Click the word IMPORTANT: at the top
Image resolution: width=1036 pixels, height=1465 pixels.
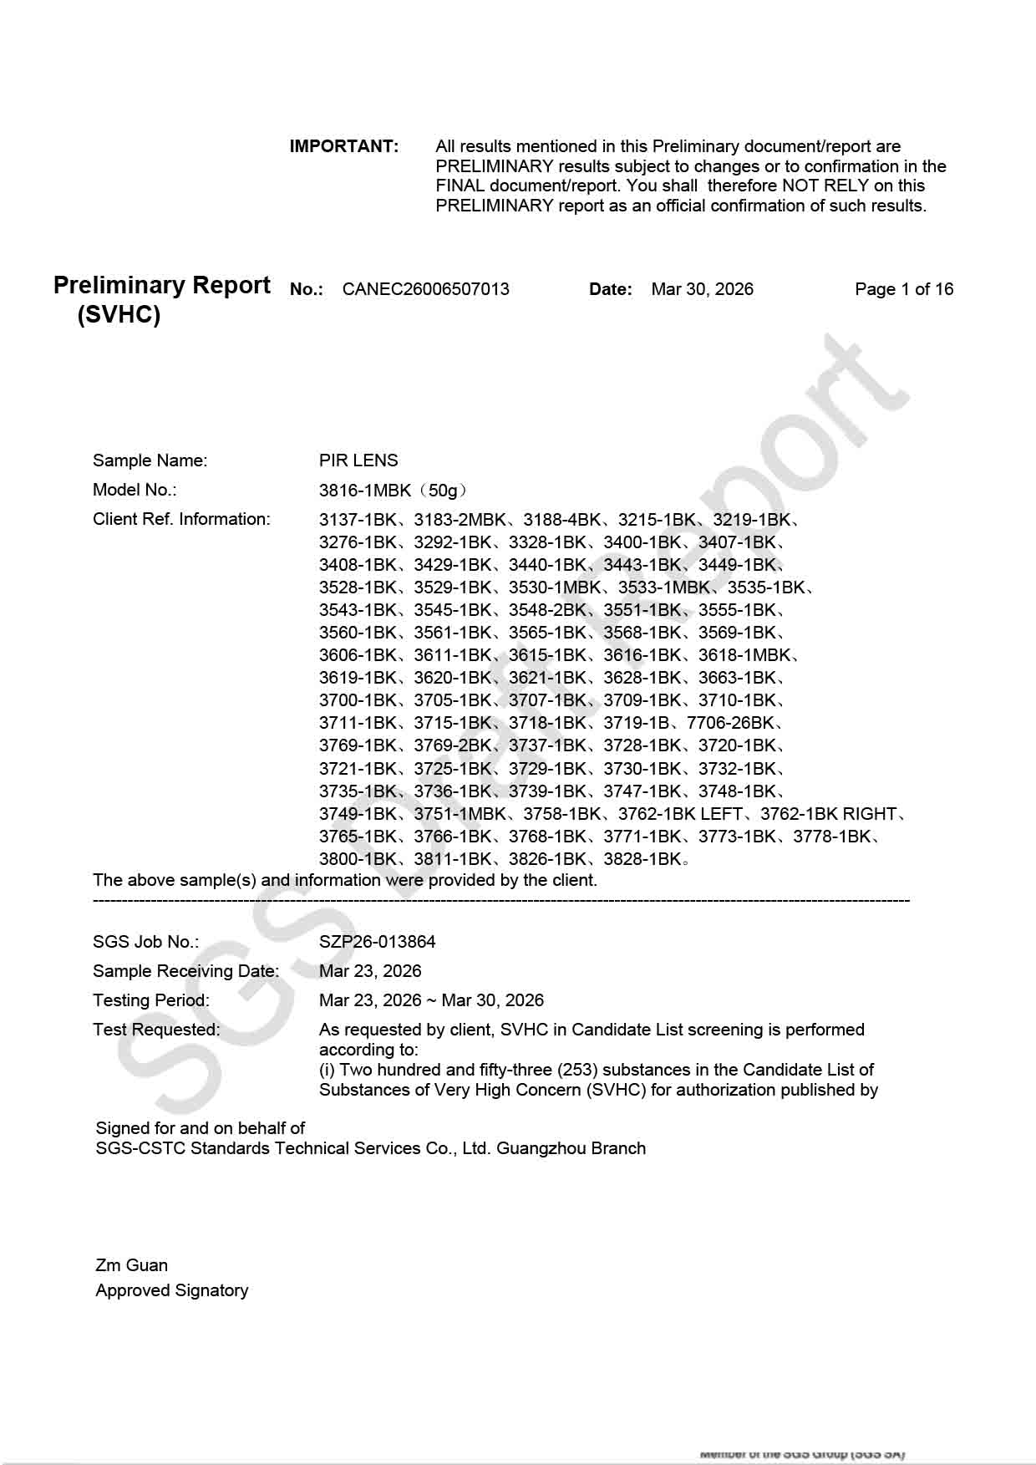tap(344, 146)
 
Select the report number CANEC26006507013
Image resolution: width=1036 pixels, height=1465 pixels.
tap(425, 289)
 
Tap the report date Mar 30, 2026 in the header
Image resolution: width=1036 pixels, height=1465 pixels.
tap(702, 289)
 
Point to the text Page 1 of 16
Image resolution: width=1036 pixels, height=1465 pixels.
tap(903, 289)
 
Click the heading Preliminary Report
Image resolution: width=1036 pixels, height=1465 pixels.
tap(161, 285)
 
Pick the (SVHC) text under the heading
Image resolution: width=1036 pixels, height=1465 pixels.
tap(119, 315)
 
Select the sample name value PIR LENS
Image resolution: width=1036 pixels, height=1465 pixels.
tap(358, 460)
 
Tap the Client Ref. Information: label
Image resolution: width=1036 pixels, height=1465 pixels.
tap(181, 519)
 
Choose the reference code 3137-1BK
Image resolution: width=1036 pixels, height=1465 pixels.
tap(358, 520)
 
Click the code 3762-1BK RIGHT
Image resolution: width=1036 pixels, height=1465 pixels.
tap(828, 814)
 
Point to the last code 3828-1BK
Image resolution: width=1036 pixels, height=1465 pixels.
tap(642, 859)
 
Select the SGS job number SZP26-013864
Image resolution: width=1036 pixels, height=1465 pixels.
tap(377, 942)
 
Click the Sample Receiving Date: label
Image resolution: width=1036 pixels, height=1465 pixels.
tap(185, 971)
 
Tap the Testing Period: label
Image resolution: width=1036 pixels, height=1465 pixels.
tap(151, 1000)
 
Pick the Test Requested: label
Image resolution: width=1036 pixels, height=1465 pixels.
tap(156, 1030)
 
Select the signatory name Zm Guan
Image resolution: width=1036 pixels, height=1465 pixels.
tap(131, 1265)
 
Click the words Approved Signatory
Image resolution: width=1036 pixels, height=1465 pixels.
tap(171, 1290)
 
